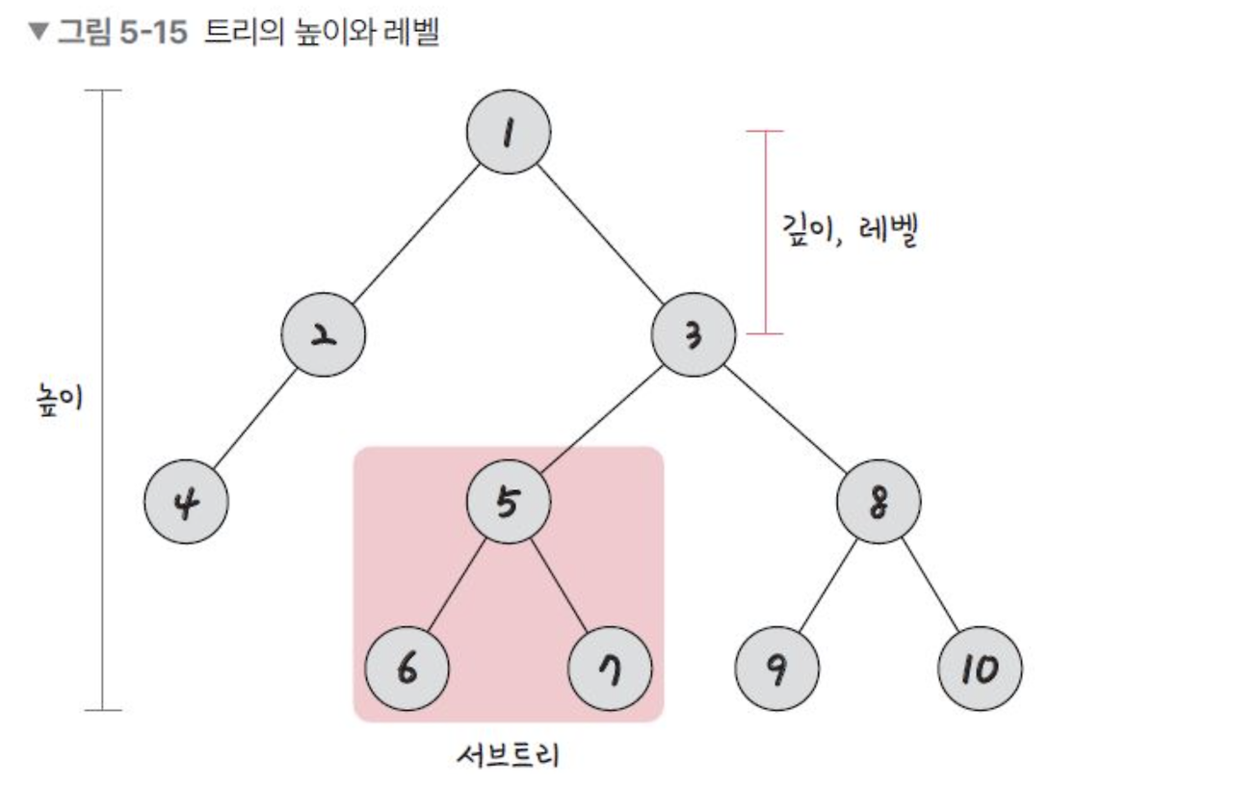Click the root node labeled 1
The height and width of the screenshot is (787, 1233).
tap(508, 133)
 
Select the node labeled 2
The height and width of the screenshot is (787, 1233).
tap(324, 334)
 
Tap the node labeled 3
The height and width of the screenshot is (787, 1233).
tap(694, 334)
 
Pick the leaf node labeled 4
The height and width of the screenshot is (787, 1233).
tap(186, 503)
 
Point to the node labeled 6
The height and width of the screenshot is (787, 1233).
tap(407, 669)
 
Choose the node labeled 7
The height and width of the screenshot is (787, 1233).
tap(610, 669)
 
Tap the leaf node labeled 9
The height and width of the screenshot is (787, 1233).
tap(776, 669)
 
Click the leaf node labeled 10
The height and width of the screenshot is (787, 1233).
tap(980, 669)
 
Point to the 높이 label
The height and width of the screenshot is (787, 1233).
tap(57, 400)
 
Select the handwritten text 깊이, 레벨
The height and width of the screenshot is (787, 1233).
tap(847, 231)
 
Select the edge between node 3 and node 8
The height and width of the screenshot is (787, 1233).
tap(785, 418)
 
